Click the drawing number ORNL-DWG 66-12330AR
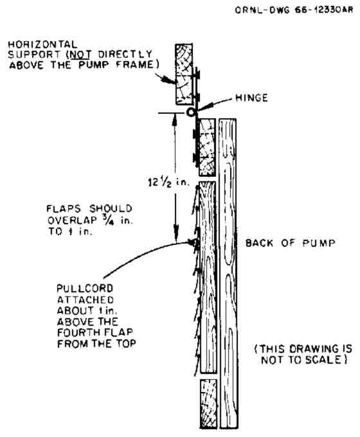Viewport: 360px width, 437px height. coord(294,10)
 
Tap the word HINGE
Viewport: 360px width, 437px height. coord(251,98)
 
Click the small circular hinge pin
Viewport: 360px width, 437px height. coord(190,112)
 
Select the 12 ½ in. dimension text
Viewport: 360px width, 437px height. coord(168,183)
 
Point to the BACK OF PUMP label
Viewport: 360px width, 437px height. coord(291,243)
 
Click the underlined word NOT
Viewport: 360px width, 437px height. coord(80,55)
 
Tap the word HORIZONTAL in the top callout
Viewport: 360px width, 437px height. coord(42,44)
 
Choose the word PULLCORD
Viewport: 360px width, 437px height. coord(85,288)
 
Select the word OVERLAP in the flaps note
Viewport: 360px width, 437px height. coord(72,220)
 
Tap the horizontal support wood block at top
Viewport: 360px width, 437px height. coord(184,74)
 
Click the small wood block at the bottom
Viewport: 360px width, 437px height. coord(208,404)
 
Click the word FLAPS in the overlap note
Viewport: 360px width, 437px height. coord(64,209)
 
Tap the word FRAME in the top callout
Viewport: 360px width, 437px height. coord(135,65)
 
